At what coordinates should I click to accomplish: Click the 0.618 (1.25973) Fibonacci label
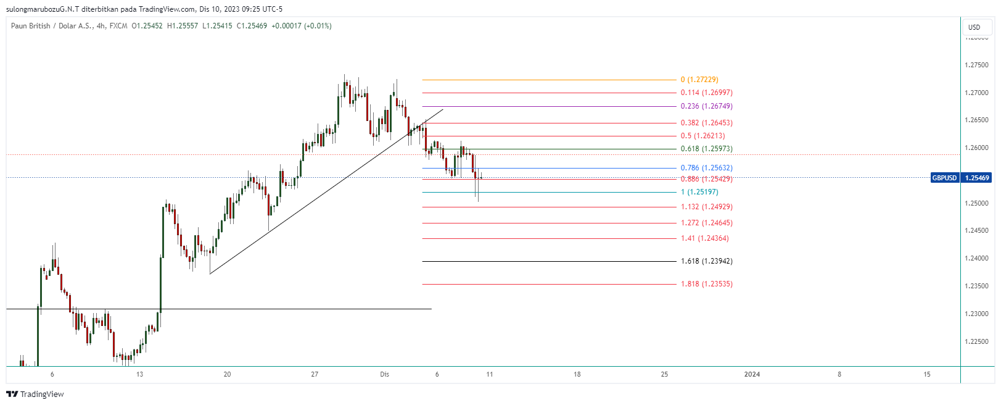click(706, 149)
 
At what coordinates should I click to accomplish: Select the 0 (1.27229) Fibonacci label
click(699, 80)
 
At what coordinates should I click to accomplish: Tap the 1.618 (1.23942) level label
click(706, 261)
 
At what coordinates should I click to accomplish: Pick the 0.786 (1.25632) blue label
click(706, 168)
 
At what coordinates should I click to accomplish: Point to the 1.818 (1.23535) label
click(706, 284)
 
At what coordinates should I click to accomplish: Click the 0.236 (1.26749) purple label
click(706, 106)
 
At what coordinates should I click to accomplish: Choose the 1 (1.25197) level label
click(699, 192)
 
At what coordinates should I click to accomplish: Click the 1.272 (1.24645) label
click(706, 223)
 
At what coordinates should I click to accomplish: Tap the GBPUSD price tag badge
click(944, 178)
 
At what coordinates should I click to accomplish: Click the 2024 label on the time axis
click(752, 374)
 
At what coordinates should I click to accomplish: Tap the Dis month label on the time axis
click(385, 374)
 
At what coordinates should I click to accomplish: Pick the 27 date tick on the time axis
click(315, 374)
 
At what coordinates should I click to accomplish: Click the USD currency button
click(974, 27)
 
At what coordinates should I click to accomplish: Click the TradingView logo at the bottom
click(35, 394)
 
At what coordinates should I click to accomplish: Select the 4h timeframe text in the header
click(101, 26)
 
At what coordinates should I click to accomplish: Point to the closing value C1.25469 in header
click(252, 26)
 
